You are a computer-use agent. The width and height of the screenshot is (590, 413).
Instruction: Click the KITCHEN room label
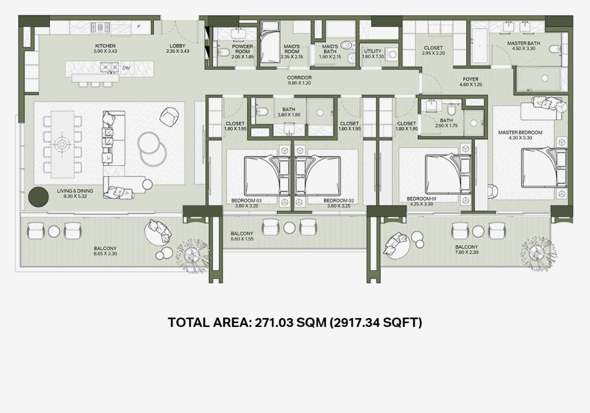(106, 46)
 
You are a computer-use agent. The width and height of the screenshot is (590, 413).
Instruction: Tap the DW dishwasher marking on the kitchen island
(126, 68)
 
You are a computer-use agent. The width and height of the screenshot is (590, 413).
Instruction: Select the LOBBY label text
(178, 46)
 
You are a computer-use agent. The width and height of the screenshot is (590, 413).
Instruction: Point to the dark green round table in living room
(38, 197)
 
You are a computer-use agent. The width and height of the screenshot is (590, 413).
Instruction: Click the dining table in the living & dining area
(63, 144)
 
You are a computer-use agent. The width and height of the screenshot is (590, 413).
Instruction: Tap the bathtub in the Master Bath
(479, 47)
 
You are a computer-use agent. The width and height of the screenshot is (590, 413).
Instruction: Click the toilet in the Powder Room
(224, 52)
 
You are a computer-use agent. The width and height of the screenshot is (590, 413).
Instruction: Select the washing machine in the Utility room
(393, 54)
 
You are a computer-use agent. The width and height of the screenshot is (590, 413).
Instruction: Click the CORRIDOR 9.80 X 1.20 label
(299, 80)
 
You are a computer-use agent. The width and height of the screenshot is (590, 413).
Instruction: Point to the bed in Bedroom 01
(448, 174)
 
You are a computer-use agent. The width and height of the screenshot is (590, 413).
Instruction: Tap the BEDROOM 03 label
(247, 201)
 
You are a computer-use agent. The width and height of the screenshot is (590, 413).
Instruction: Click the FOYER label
(470, 80)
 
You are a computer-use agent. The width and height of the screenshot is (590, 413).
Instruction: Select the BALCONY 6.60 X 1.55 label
(242, 236)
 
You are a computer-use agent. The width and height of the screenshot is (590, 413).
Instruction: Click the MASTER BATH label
(523, 43)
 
